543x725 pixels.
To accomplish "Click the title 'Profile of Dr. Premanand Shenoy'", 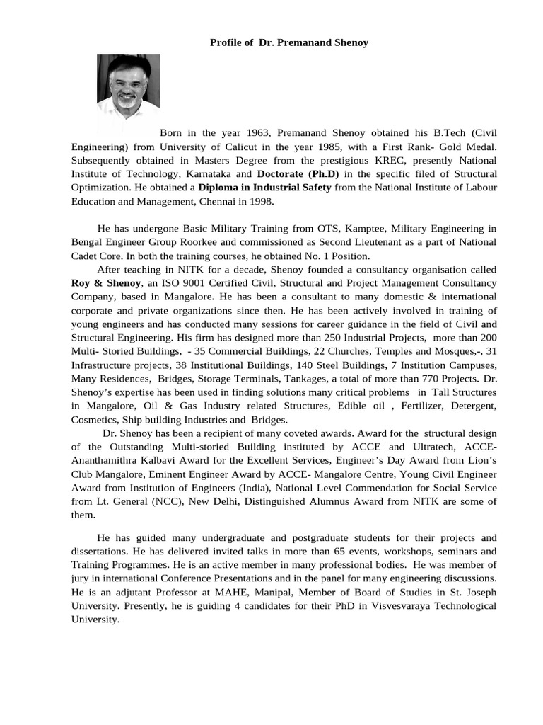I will (289, 42).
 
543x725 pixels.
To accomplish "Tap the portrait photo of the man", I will (128, 87).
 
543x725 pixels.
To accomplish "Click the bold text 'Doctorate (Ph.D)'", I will (298, 173).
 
